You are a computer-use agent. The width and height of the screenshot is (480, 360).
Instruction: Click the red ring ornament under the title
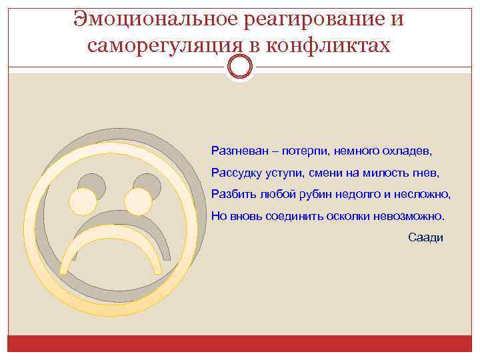coord(240,66)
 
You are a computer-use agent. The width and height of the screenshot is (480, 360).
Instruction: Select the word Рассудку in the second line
coord(235,173)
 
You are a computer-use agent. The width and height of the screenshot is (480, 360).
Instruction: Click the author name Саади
coord(425,238)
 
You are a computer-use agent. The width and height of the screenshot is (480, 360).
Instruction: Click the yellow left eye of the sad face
coord(83,201)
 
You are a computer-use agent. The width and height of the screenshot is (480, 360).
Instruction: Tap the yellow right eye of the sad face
coord(138,201)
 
